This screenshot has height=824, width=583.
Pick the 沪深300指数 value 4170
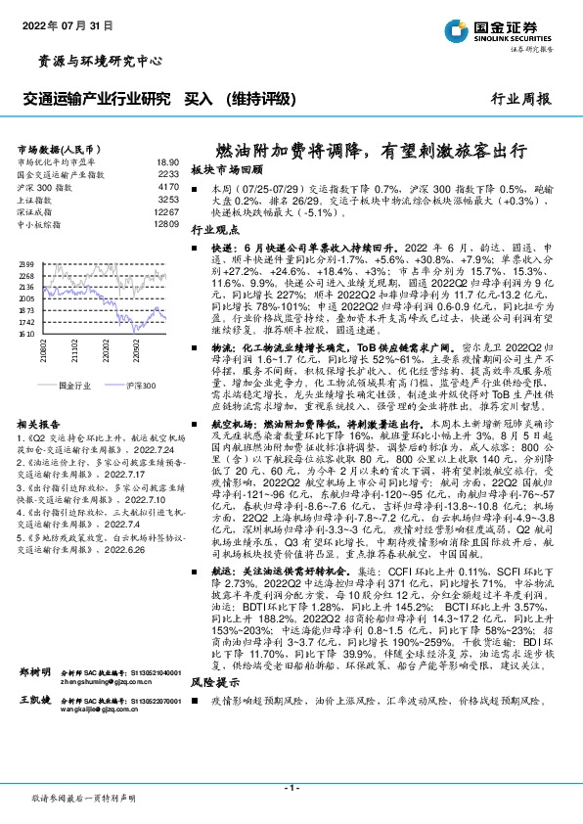168,185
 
